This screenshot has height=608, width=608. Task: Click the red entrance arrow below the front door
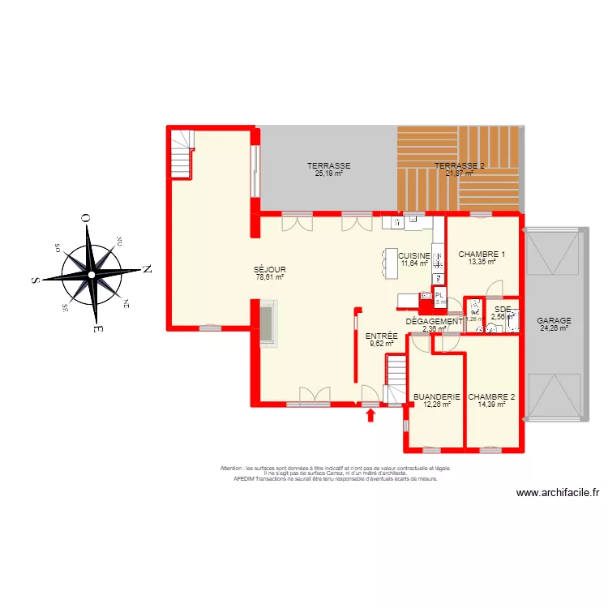tap(371, 416)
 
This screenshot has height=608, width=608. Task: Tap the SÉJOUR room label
tap(269, 269)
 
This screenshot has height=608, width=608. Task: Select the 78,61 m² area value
tap(269, 277)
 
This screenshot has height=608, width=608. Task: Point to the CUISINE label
tap(415, 255)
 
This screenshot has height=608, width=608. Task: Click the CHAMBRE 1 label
tap(482, 255)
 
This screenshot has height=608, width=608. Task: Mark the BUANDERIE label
tap(436, 397)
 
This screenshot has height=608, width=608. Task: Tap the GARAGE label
tap(554, 320)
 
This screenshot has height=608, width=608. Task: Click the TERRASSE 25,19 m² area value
tap(328, 173)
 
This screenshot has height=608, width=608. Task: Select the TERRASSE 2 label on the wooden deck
tap(460, 166)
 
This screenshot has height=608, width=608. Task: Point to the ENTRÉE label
tap(381, 336)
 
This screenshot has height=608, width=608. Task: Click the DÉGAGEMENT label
tap(435, 322)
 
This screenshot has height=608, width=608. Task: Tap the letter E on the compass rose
tap(96, 329)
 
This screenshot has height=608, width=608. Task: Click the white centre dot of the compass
tap(92, 275)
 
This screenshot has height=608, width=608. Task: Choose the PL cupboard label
tap(439, 295)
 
